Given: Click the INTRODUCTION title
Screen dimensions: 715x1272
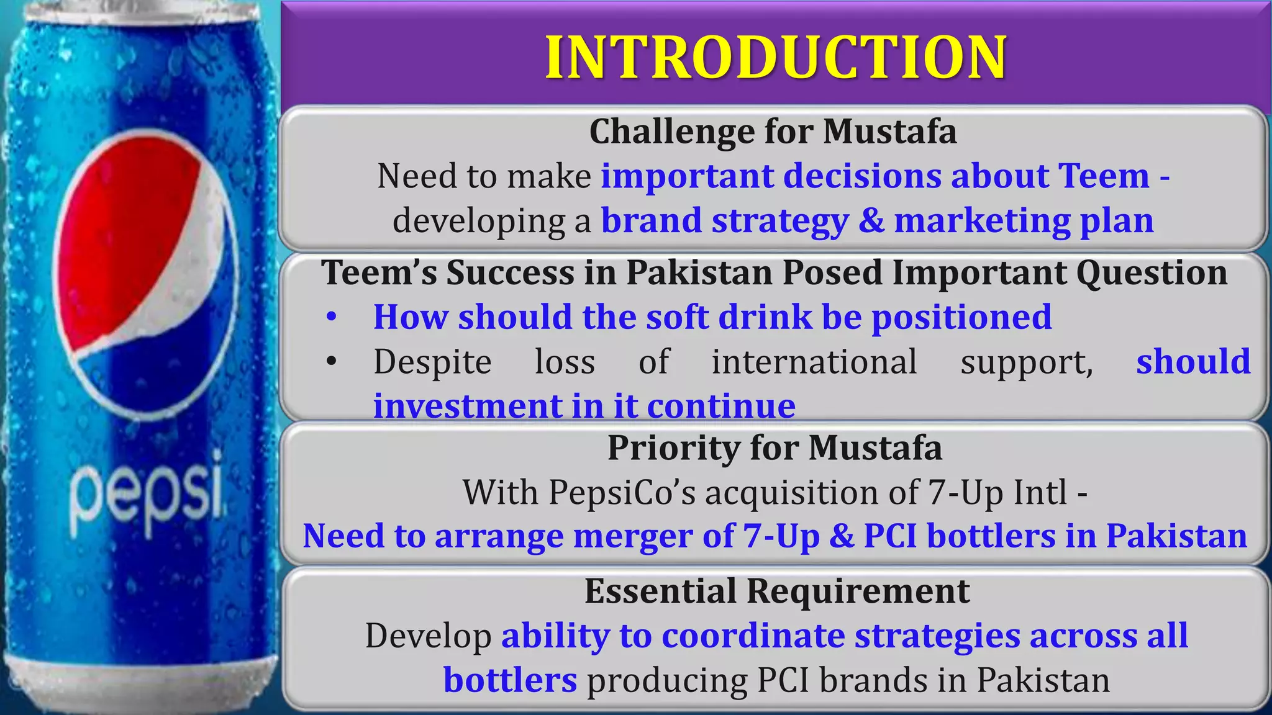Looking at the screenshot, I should (x=775, y=57).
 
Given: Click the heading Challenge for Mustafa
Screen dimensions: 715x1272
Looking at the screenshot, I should (x=773, y=132).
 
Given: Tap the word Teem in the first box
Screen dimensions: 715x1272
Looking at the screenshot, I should (x=1104, y=176).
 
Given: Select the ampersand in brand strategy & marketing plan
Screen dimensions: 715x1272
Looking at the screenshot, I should (x=871, y=221).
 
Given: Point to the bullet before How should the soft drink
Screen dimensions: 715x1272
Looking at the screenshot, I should (x=332, y=317).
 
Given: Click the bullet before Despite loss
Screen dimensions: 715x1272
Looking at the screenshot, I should (x=332, y=361).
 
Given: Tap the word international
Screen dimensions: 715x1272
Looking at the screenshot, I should (x=814, y=362).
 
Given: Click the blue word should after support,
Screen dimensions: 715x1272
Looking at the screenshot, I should (x=1192, y=362).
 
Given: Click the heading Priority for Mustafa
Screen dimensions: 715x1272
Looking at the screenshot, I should (x=774, y=447).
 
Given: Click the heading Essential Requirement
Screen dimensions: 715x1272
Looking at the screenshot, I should (x=776, y=591).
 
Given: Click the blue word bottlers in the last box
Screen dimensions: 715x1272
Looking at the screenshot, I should (x=510, y=680).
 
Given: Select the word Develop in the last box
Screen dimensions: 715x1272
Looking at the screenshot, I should (x=428, y=636).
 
